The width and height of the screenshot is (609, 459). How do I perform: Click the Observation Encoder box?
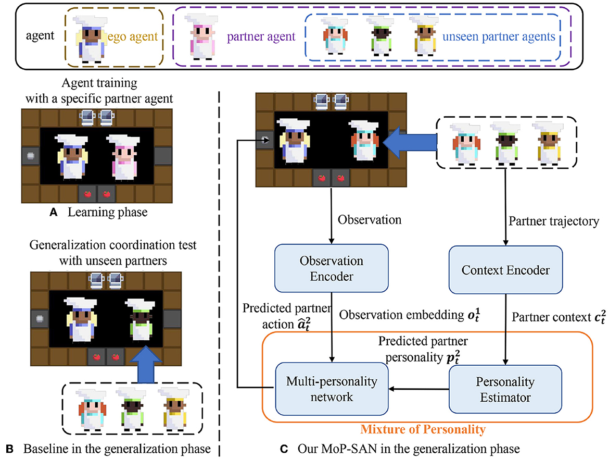click(x=331, y=268)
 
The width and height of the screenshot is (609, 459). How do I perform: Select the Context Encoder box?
click(x=505, y=270)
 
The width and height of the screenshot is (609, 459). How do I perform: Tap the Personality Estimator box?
click(x=505, y=389)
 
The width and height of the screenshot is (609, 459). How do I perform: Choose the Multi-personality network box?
click(x=332, y=389)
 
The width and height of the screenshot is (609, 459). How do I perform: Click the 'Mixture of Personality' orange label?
click(x=423, y=429)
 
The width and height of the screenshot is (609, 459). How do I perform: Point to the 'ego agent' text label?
click(x=132, y=36)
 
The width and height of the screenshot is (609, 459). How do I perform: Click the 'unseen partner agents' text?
click(x=499, y=36)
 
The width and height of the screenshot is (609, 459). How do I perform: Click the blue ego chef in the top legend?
click(x=91, y=40)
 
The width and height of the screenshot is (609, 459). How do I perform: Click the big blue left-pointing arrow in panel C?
click(x=410, y=143)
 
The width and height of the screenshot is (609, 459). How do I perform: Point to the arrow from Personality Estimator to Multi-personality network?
click(x=418, y=389)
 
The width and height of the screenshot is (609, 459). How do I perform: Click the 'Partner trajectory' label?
click(x=554, y=221)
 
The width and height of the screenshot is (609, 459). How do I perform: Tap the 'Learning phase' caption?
click(x=108, y=212)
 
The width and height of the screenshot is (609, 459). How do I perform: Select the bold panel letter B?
click(x=10, y=449)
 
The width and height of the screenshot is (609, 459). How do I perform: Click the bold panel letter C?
click(x=284, y=449)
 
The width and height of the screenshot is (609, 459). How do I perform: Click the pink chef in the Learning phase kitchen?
click(x=124, y=158)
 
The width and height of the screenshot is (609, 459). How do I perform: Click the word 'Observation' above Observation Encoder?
click(x=370, y=219)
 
